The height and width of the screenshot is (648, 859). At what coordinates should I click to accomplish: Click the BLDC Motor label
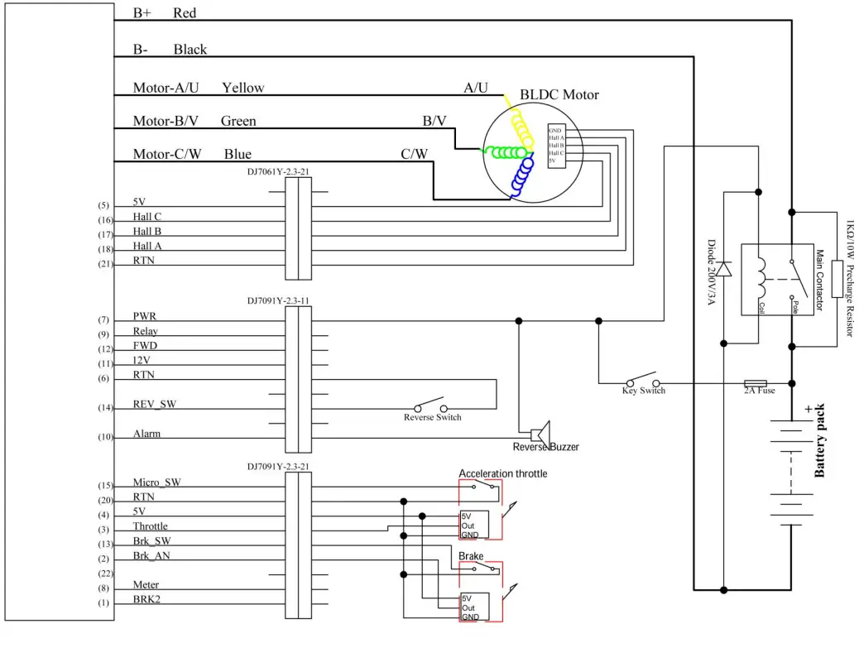[x=559, y=94]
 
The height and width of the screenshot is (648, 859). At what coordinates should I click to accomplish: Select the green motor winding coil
[x=504, y=152]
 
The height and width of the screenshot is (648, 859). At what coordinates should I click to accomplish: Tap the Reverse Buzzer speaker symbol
[x=540, y=433]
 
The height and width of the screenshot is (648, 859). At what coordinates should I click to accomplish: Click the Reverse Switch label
[x=432, y=417]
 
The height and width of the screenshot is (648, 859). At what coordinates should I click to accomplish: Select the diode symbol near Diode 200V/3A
[x=724, y=269]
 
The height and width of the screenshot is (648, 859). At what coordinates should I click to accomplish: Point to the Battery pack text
[x=820, y=442]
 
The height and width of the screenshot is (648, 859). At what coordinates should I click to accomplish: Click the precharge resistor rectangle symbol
[x=837, y=279]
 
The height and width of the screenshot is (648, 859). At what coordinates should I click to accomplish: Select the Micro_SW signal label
[x=156, y=482]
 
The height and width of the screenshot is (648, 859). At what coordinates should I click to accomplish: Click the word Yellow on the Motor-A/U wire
[x=243, y=88]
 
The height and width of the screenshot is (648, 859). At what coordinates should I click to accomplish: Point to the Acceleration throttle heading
[x=502, y=473]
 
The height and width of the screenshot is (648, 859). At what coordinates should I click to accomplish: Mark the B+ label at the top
[x=142, y=13]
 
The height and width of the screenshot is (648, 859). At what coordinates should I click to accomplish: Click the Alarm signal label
[x=146, y=434]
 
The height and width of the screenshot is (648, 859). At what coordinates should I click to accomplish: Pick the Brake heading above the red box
[x=471, y=556]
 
